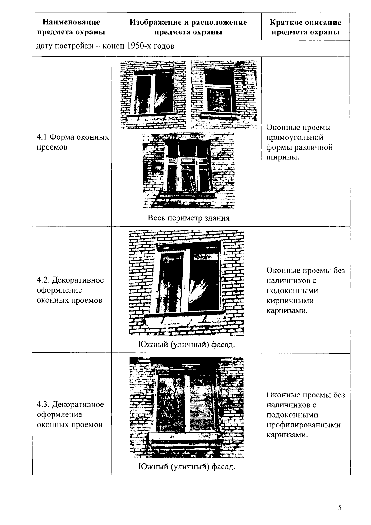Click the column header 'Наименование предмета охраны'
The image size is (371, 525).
(71, 27)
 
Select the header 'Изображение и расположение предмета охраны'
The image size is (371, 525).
(188, 27)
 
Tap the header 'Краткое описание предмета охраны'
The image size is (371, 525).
(305, 27)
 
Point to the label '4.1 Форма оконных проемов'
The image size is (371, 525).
(73, 142)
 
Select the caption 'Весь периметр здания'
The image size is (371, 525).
(189, 218)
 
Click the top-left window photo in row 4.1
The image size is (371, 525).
(153, 94)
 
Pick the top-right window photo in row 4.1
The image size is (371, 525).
(224, 94)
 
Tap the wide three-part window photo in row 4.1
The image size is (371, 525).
(188, 170)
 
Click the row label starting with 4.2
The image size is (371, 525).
(70, 290)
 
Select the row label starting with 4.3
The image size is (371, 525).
(70, 414)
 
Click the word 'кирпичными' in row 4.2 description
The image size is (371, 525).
(290, 301)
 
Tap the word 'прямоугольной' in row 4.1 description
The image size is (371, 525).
(294, 137)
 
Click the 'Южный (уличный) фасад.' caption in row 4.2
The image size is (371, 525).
(186, 345)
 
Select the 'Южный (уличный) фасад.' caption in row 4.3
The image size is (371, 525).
(186, 466)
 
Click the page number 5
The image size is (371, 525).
(339, 508)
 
